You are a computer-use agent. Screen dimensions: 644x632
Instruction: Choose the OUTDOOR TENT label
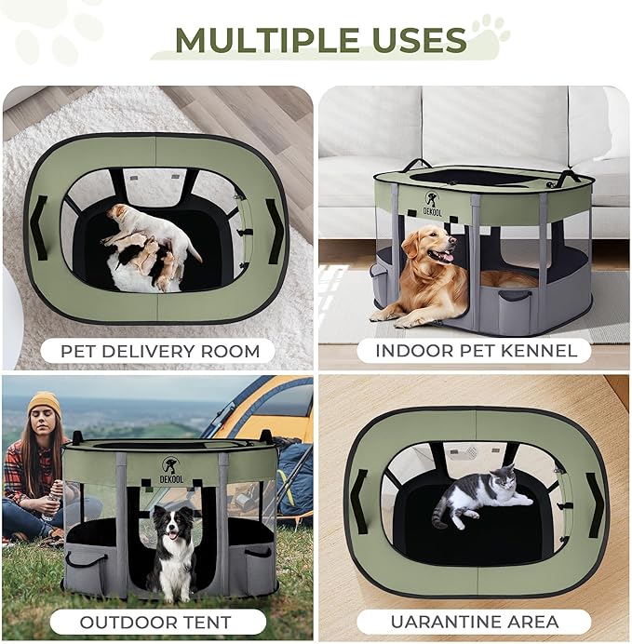156,621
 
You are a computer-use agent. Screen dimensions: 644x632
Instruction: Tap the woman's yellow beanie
43,403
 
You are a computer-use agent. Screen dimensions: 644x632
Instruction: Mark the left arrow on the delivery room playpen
39,227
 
